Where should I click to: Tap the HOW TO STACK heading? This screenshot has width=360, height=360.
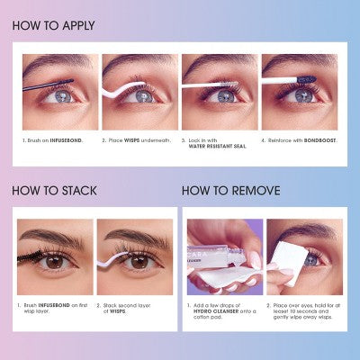54,191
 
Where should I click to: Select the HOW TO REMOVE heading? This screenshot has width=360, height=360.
230,191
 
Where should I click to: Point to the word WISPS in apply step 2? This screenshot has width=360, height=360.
134,140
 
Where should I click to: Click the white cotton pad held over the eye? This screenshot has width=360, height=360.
290,246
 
